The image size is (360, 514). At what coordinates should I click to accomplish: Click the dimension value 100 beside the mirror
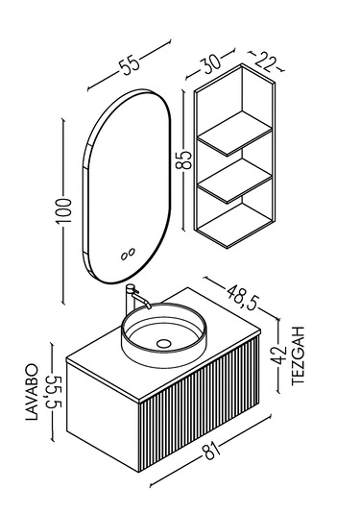tap(64, 210)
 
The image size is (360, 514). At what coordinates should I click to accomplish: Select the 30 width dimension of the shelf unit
tap(211, 63)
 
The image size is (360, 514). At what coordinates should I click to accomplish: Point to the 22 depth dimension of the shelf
tap(265, 63)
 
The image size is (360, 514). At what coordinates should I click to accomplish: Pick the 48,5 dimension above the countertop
tap(242, 297)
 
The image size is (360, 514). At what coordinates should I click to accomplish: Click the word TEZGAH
tap(299, 356)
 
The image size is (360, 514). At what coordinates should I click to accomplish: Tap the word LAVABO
tap(32, 392)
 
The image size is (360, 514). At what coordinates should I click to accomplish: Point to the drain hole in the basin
tap(164, 344)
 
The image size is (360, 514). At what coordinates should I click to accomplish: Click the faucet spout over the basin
tap(141, 300)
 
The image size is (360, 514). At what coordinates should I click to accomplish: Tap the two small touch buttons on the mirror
tap(128, 254)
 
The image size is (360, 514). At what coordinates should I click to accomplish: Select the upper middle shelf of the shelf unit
tap(235, 133)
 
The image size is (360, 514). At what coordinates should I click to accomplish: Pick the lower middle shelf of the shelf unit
tap(235, 181)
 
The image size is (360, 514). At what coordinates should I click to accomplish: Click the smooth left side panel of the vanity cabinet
tap(103, 414)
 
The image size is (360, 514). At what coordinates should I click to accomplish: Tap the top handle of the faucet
tap(130, 287)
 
